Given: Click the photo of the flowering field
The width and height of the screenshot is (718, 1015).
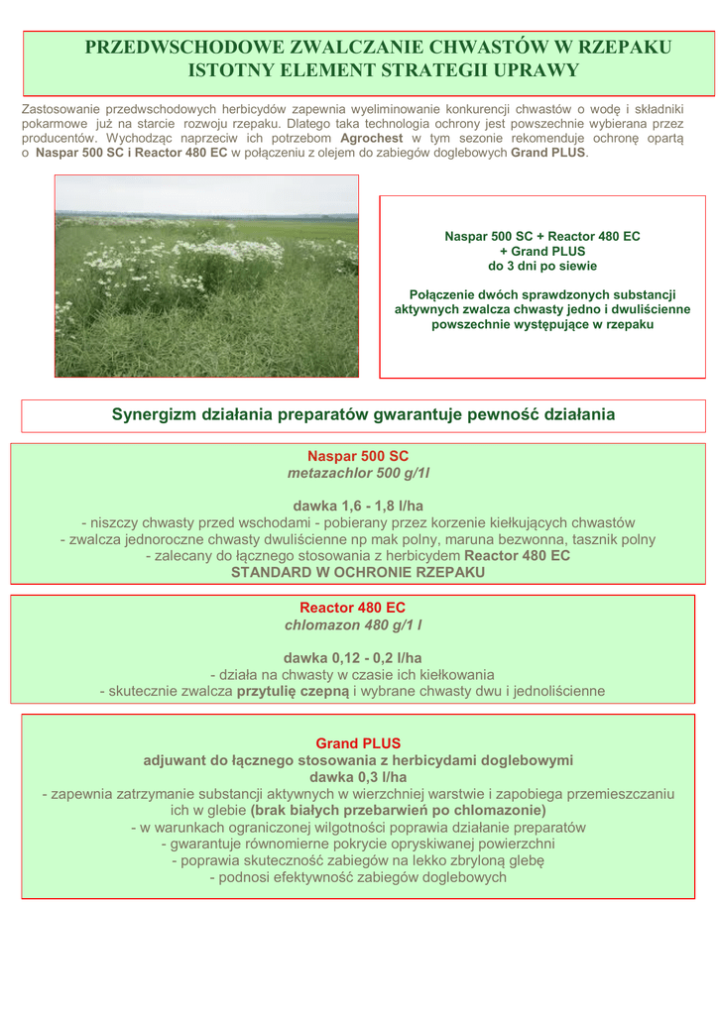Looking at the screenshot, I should point(206,276).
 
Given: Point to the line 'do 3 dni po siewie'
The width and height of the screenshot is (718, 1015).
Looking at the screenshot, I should point(542,266).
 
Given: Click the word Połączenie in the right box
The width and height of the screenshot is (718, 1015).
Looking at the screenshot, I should point(450,294).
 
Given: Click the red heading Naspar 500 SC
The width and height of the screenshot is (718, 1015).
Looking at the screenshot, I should point(358,457).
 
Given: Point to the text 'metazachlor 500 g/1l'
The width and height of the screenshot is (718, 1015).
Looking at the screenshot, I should point(358,474).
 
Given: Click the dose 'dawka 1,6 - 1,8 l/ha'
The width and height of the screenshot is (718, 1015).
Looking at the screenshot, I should point(358,507).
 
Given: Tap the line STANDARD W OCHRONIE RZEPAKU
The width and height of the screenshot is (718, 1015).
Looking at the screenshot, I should point(358,572).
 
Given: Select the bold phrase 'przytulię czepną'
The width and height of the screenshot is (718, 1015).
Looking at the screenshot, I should point(293,691).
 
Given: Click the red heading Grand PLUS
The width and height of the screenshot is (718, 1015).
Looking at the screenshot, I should point(358,742).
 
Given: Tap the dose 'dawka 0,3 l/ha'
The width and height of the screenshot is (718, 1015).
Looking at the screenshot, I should point(358,777).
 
